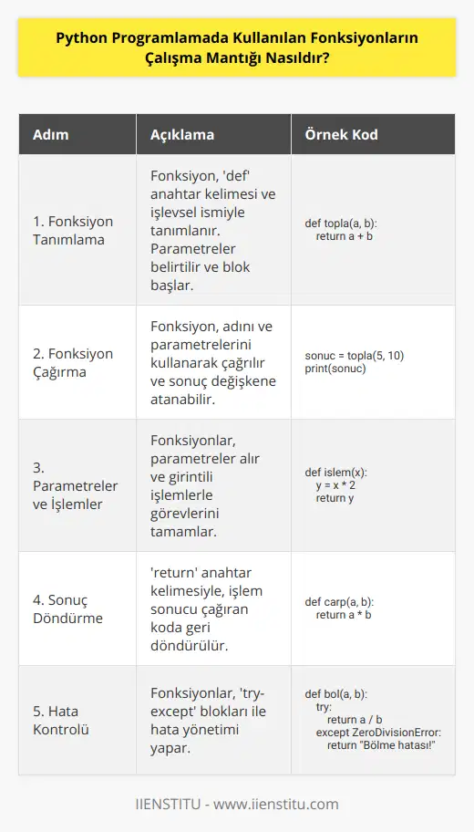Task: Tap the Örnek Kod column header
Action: [334, 134]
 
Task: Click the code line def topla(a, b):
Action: [340, 223]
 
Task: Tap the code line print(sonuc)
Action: [335, 369]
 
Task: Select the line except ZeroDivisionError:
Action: [377, 733]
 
